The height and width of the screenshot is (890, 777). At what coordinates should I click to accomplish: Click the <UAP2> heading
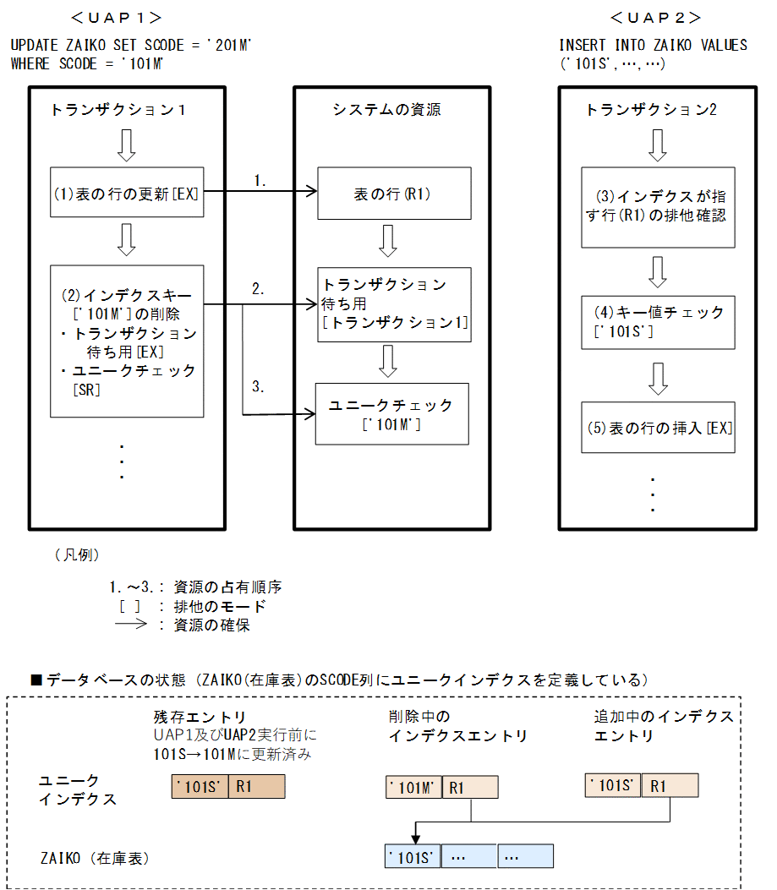tap(655, 17)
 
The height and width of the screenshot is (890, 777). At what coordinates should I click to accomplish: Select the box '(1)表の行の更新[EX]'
tap(127, 193)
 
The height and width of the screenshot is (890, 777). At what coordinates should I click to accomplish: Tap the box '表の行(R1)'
tap(394, 194)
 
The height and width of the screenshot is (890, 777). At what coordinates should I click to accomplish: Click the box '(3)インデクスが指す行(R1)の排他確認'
tap(657, 206)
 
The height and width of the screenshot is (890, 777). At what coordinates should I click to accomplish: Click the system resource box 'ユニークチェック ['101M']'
tap(391, 414)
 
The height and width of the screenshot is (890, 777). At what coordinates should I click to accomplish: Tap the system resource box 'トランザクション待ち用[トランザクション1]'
tap(395, 304)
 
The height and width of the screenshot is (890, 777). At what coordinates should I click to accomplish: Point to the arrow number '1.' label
tap(260, 180)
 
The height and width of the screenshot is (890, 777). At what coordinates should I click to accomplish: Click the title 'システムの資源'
tap(386, 110)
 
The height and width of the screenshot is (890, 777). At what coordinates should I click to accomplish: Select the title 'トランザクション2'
tap(651, 110)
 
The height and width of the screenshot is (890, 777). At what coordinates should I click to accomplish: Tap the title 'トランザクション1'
tap(118, 110)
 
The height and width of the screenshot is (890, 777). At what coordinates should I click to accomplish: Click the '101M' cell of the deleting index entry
tap(413, 788)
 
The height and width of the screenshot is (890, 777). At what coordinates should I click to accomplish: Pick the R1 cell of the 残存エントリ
tap(257, 787)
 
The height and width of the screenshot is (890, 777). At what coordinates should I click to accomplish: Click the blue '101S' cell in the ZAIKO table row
tap(413, 856)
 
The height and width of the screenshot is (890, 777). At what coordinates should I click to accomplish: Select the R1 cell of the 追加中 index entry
tap(670, 786)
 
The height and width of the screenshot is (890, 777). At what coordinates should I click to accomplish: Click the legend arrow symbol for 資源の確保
tap(131, 625)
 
